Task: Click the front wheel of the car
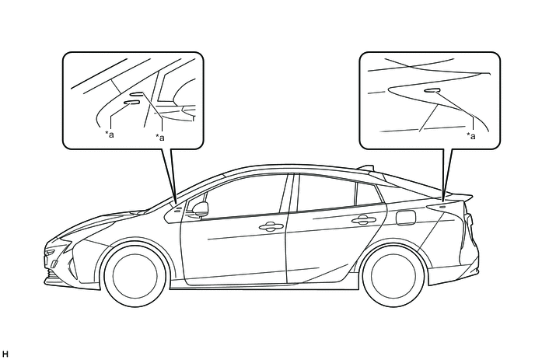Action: pyautogui.click(x=135, y=274)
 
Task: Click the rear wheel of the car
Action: pyautogui.click(x=393, y=274)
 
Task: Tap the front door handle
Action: pyautogui.click(x=271, y=226)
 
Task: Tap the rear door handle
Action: pyautogui.click(x=364, y=220)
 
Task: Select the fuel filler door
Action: pyautogui.click(x=406, y=218)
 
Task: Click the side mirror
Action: pyautogui.click(x=201, y=209)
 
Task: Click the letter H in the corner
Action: pyautogui.click(x=5, y=354)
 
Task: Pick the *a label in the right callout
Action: pyautogui.click(x=471, y=136)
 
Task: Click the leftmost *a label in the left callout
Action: pyautogui.click(x=109, y=134)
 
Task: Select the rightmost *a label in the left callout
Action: pyautogui.click(x=160, y=137)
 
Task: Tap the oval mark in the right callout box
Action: pyautogui.click(x=432, y=90)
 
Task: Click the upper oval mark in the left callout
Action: pyautogui.click(x=138, y=94)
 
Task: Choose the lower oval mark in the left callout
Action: pyautogui.click(x=131, y=103)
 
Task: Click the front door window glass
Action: pyautogui.click(x=243, y=195)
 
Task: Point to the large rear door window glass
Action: pyautogui.click(x=325, y=193)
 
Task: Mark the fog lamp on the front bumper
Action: pyautogui.click(x=54, y=264)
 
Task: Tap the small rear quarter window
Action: pyautogui.click(x=369, y=194)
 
